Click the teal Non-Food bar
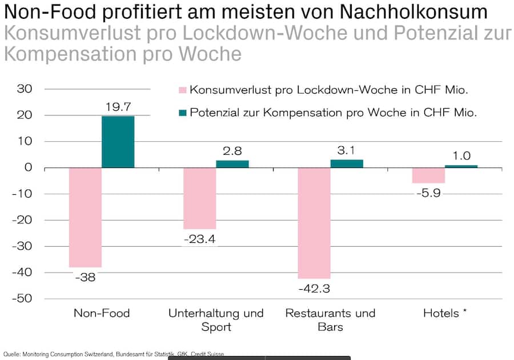(x=118, y=142)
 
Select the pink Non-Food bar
(x=85, y=217)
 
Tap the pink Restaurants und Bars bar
(x=314, y=223)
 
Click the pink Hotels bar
(x=428, y=175)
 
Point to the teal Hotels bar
(x=461, y=166)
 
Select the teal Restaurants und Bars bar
(x=347, y=163)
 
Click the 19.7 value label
(x=118, y=107)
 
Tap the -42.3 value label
(x=314, y=288)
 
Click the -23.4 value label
(x=199, y=239)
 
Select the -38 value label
(x=85, y=277)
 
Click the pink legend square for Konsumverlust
(x=182, y=90)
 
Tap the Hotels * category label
(x=445, y=313)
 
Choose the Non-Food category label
(x=102, y=313)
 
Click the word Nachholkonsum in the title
(x=420, y=13)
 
